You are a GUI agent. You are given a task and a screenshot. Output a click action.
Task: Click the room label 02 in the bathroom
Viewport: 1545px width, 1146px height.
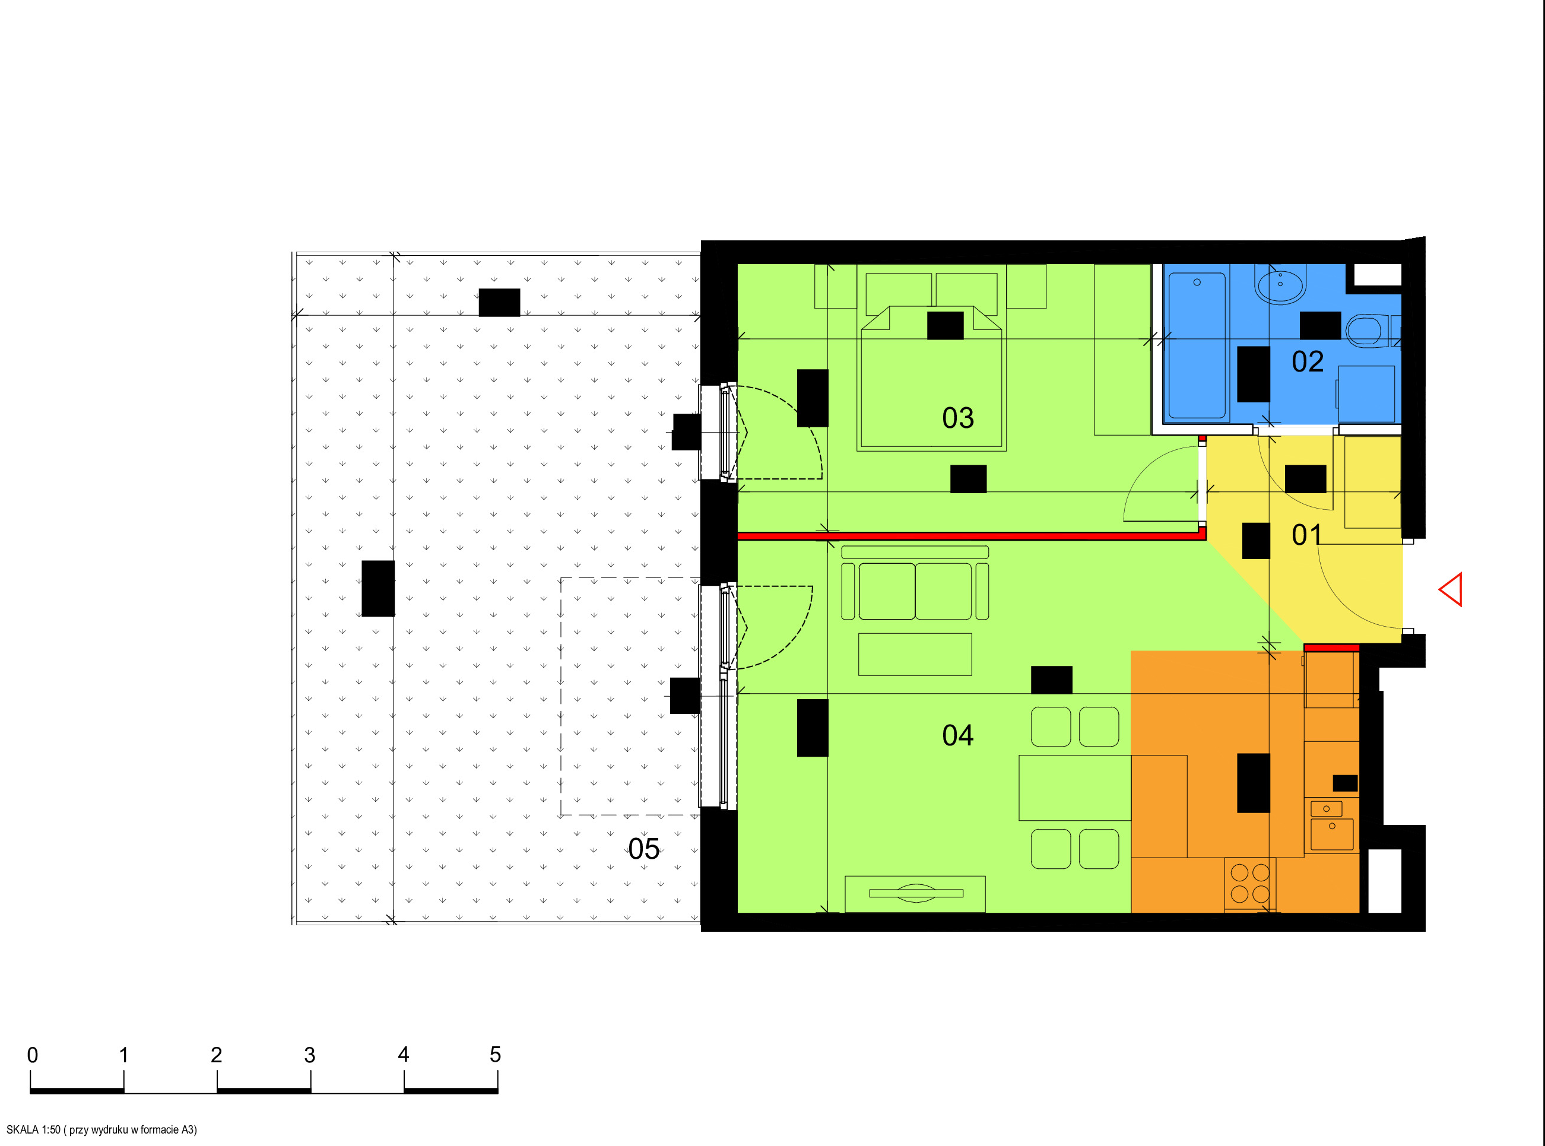click(x=1307, y=361)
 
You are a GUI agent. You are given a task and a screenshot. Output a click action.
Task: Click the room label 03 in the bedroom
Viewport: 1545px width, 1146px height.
click(x=957, y=418)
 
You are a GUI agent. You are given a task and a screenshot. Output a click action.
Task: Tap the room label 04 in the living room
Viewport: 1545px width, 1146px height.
click(x=957, y=735)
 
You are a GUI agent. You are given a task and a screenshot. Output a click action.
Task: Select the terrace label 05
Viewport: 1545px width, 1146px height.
click(x=643, y=849)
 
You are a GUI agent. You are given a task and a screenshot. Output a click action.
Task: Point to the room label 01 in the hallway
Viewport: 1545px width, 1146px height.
click(x=1307, y=535)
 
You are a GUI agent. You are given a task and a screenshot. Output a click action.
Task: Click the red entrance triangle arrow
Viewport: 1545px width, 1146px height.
click(x=1451, y=590)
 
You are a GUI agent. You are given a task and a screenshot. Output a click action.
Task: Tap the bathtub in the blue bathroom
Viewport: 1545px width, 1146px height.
click(x=1197, y=345)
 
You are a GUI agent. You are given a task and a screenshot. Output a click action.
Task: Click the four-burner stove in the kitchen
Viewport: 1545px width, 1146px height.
click(x=1250, y=884)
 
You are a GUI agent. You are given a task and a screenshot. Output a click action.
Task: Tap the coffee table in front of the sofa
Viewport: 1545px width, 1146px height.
click(x=915, y=654)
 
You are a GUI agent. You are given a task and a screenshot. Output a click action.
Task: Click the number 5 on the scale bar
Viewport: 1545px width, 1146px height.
click(x=496, y=1055)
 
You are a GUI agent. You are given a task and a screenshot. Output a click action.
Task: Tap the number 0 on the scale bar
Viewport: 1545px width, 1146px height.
click(x=33, y=1055)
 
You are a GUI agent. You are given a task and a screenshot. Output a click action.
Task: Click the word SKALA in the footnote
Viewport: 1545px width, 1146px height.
click(x=23, y=1130)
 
